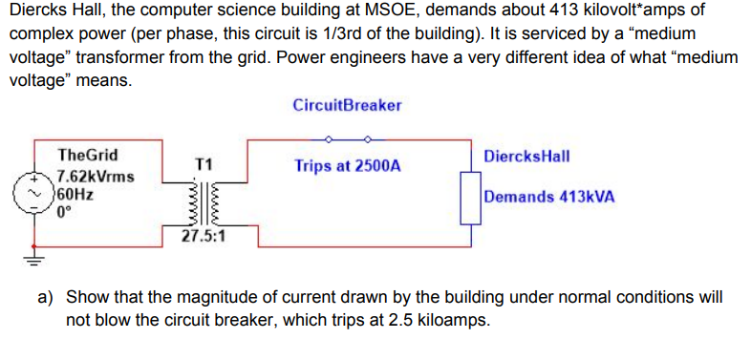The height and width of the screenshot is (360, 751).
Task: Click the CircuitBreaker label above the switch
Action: coord(347,104)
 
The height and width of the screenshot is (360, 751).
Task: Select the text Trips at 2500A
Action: coord(348,165)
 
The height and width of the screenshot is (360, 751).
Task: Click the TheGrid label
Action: coord(88,155)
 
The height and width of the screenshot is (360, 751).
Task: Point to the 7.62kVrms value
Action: coord(96,177)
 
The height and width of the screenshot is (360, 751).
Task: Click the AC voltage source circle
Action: coord(39,194)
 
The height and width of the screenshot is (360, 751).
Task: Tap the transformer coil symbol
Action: coord(202,200)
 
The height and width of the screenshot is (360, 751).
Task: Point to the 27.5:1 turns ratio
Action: coord(204,235)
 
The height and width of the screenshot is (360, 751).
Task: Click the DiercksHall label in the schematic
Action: coord(527,156)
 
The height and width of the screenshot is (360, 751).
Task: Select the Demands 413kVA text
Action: coord(549,198)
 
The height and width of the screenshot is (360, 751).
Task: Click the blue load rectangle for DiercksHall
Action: coord(470,198)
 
